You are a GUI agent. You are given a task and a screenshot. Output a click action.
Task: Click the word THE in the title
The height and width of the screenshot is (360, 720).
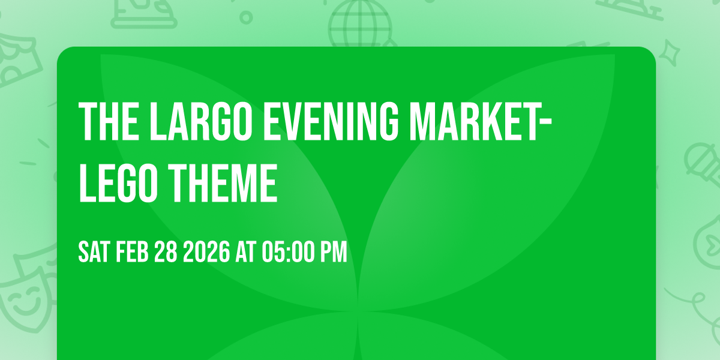[110, 122]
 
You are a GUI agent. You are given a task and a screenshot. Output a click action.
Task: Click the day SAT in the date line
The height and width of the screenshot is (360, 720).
[94, 253]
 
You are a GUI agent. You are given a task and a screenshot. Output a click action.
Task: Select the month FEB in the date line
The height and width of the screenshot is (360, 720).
[134, 253]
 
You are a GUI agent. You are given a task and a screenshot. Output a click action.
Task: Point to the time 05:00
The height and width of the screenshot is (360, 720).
[287, 253]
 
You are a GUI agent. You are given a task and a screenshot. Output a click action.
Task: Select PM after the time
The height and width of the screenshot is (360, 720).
[334, 253]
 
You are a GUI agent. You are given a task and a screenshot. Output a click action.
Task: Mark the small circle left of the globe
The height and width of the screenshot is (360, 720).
[245, 16]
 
